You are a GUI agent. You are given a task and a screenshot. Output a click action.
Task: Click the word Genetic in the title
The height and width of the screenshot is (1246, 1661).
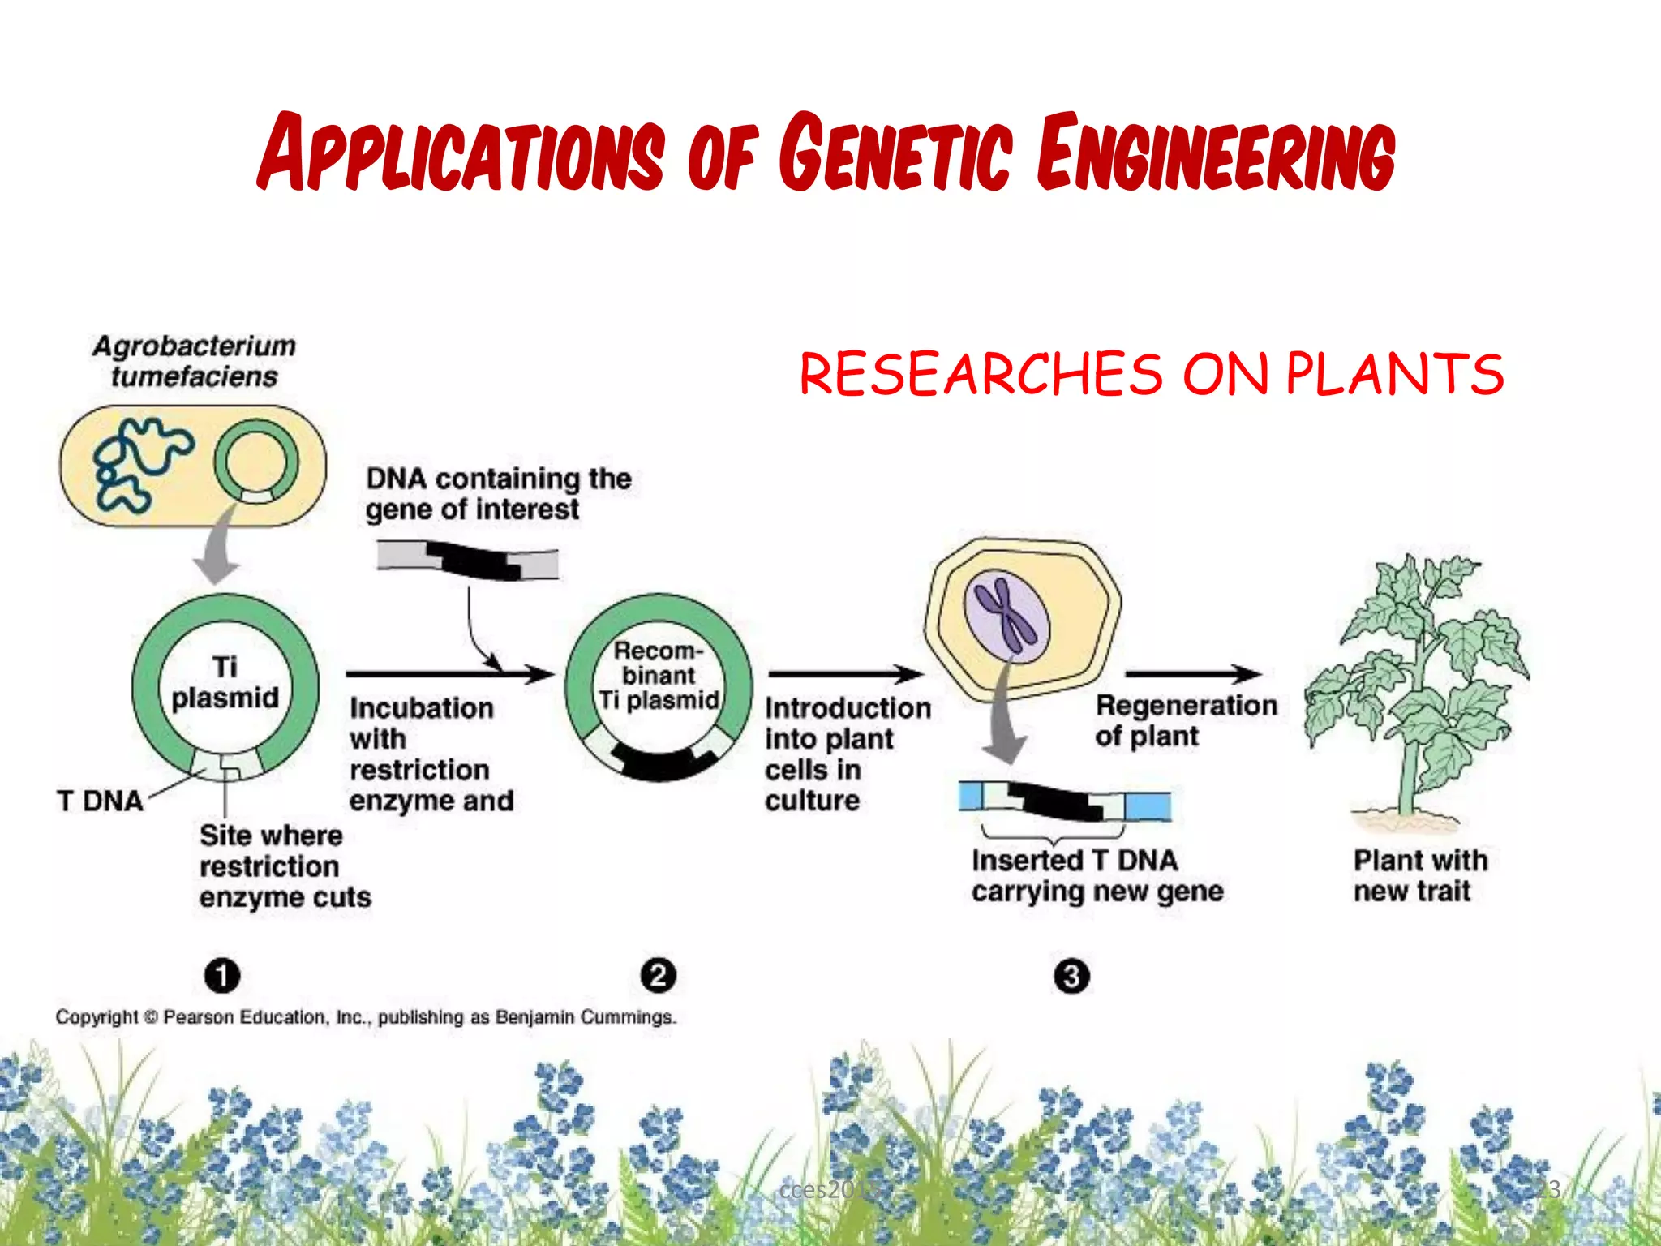point(895,153)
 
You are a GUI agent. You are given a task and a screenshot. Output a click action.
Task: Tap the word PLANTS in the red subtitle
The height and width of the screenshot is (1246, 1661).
point(1394,374)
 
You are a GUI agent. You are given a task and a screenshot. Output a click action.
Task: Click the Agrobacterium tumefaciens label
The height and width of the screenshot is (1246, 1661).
point(194,361)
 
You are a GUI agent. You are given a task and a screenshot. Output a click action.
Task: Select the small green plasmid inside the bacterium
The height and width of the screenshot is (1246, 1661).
point(255,462)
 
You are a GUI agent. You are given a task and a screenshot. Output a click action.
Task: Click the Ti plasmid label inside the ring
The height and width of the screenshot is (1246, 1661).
point(225,682)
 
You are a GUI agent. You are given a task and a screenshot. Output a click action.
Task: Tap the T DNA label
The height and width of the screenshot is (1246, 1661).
point(100,801)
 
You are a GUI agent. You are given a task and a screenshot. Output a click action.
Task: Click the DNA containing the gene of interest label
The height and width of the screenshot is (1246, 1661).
point(496,494)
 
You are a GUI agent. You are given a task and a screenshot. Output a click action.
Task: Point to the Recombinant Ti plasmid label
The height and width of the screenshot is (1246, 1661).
point(659,675)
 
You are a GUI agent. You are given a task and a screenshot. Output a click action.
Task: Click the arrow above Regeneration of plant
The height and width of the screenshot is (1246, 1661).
point(1192,673)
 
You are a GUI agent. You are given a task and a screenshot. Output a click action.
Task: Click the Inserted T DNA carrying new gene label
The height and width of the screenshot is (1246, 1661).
point(1096,875)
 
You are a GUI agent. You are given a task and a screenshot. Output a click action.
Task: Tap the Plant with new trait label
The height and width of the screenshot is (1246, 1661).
point(1419,875)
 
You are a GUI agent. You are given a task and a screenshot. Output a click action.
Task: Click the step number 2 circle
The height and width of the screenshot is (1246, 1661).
point(658,975)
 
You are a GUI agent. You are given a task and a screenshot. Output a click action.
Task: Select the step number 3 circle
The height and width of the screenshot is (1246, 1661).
point(1071,976)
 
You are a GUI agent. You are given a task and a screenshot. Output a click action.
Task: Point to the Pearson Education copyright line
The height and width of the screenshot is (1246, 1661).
point(365,1017)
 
